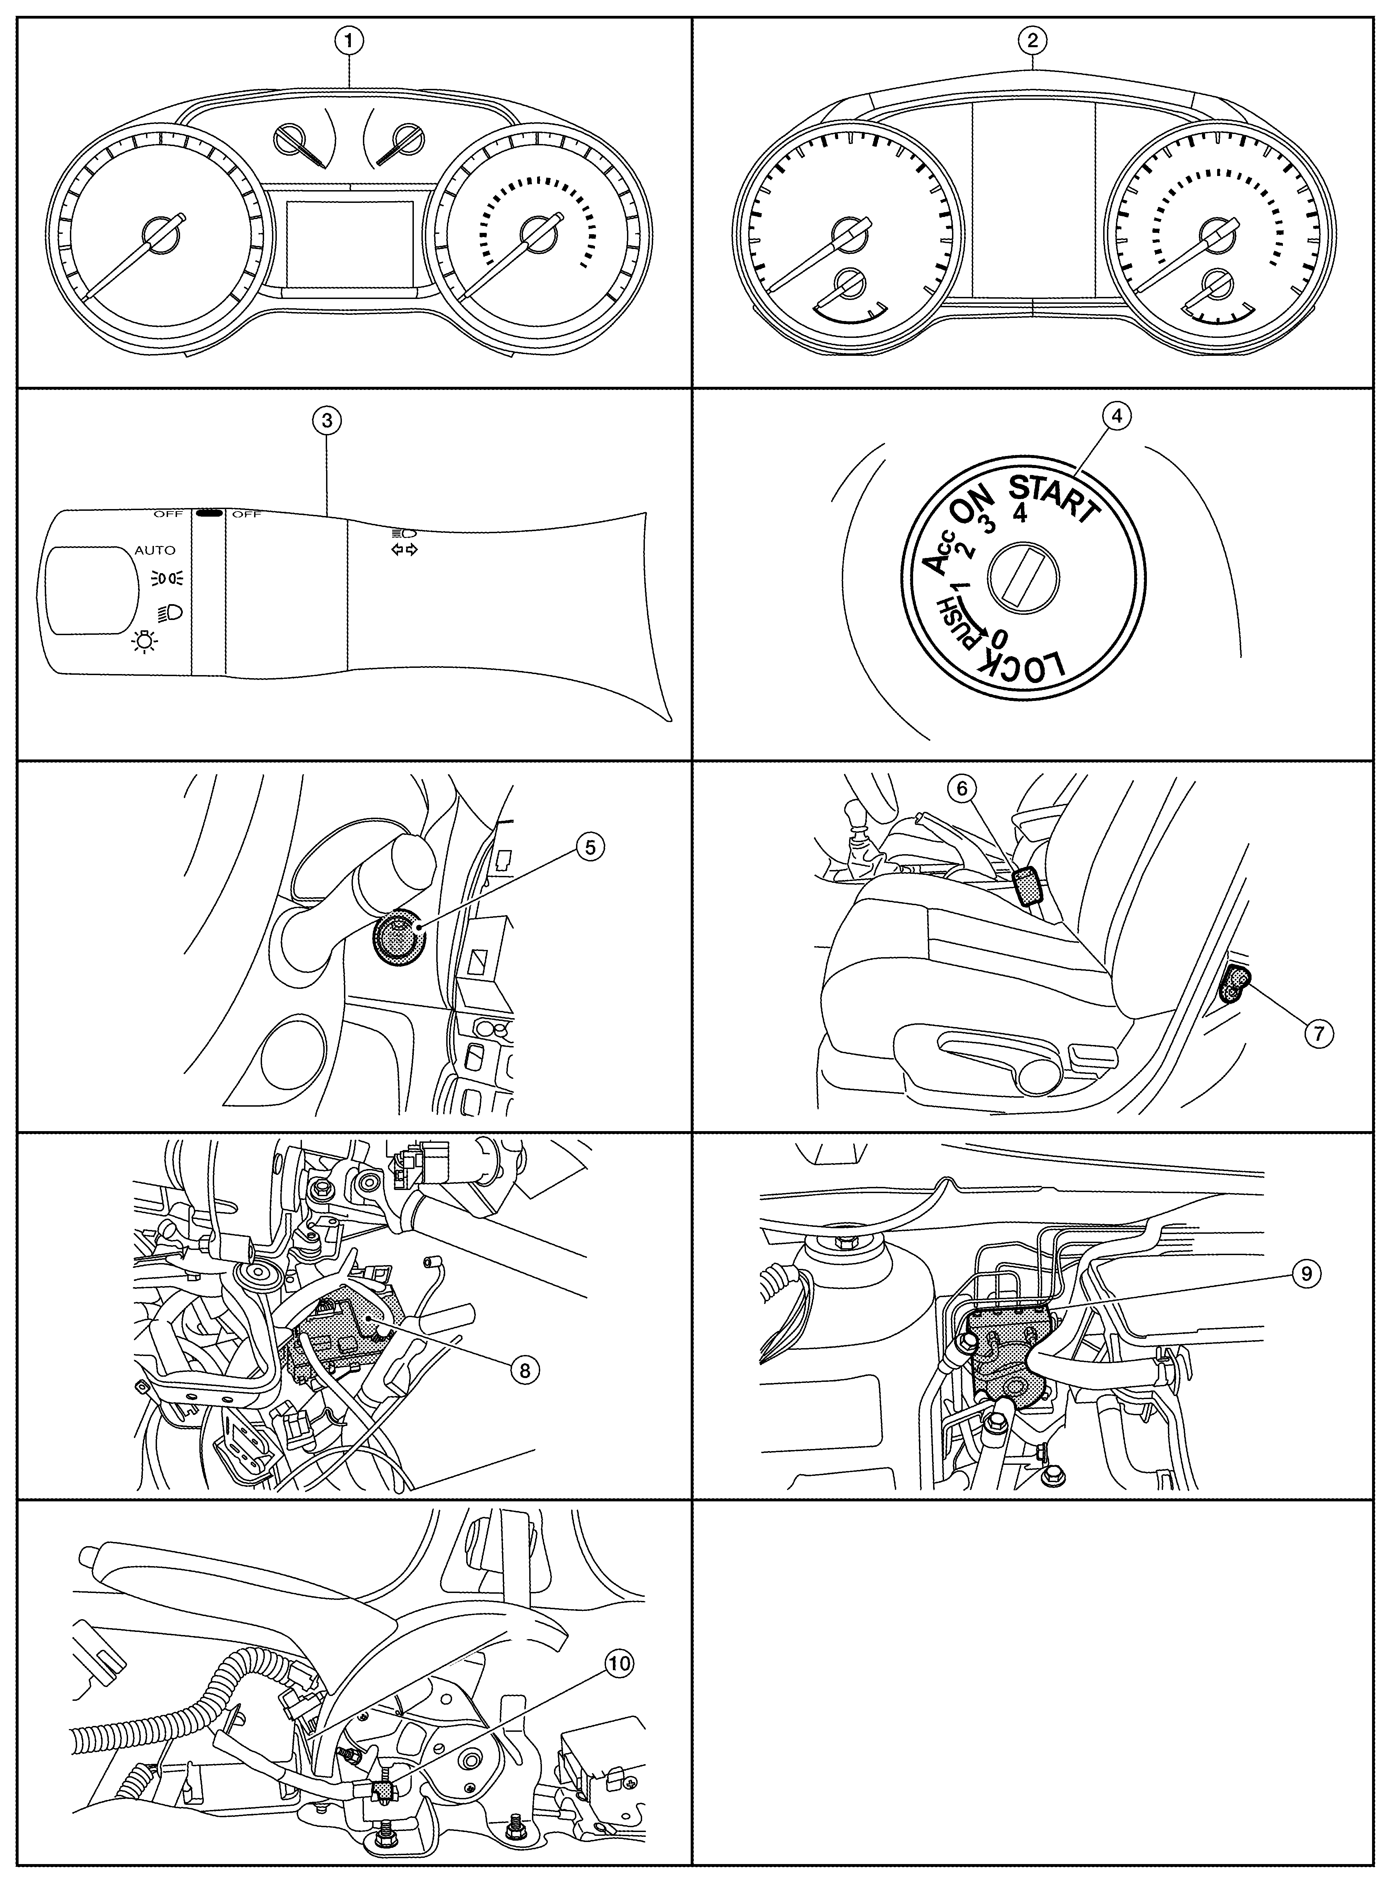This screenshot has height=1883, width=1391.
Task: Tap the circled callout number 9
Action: coord(1305,1273)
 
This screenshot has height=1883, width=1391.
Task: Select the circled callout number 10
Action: coord(620,1663)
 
